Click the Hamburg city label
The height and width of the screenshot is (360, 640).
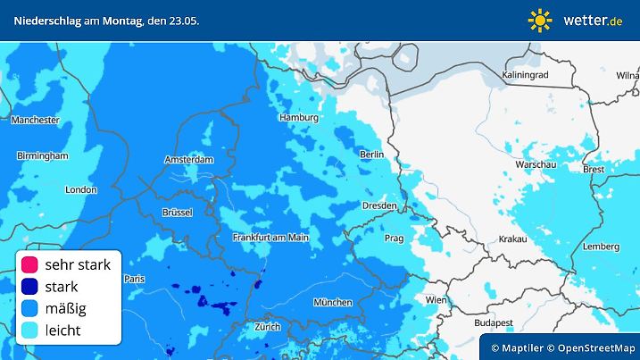(299, 118)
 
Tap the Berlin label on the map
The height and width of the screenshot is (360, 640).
(370, 155)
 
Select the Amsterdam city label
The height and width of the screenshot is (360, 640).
(189, 160)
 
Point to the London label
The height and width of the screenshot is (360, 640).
(80, 189)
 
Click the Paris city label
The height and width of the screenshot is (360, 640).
(134, 279)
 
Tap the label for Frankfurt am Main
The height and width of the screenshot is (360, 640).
(270, 237)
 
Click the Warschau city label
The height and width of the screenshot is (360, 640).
(536, 165)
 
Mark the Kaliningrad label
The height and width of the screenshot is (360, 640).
(525, 75)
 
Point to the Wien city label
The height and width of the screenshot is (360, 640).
(436, 300)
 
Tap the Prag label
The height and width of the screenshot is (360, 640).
(395, 239)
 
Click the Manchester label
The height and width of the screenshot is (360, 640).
(36, 120)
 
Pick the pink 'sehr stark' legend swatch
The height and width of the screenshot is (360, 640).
(30, 264)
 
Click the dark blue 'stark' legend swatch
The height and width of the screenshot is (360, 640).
(30, 287)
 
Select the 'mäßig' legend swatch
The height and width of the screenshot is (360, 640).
(30, 308)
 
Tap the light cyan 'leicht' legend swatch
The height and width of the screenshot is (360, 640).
(30, 330)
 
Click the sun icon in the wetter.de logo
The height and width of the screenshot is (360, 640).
(540, 20)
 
